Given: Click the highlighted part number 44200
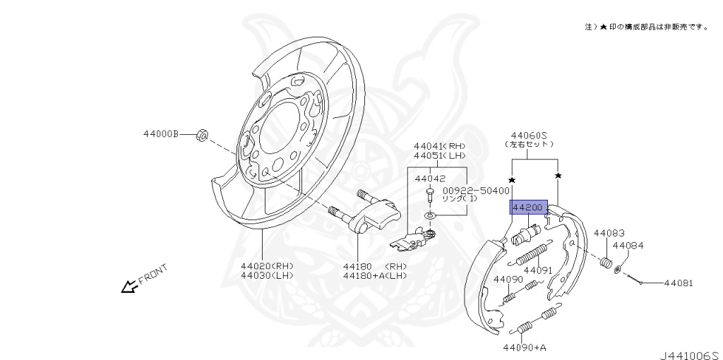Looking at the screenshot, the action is tap(528, 208).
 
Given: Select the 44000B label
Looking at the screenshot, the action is tap(160, 134).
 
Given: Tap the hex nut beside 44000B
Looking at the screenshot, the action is tap(201, 135).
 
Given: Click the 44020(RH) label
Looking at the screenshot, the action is tap(267, 266).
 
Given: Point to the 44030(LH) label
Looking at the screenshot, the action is tap(267, 275).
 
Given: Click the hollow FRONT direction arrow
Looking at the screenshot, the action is tap(129, 287).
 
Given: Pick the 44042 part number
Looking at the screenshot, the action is tap(430, 179).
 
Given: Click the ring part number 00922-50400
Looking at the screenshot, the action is tap(477, 191).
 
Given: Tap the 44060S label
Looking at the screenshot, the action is tap(528, 136).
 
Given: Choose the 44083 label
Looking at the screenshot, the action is tap(609, 233).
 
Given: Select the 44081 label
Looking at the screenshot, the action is tap(678, 283).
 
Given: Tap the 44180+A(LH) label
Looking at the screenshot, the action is tap(375, 275).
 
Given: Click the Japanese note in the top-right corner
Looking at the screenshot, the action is tap(647, 28).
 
